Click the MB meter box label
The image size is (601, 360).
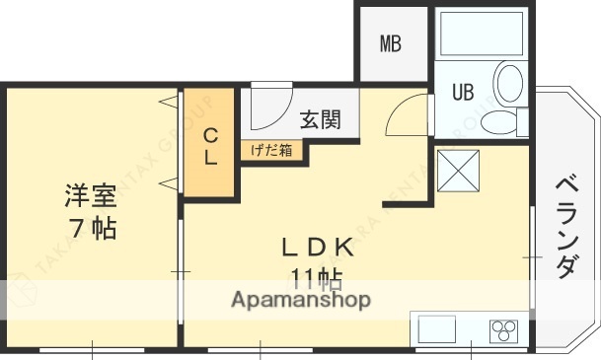pyautogui.click(x=391, y=44)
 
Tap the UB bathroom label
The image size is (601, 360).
pyautogui.click(x=462, y=92)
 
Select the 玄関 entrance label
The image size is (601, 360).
pyautogui.click(x=321, y=120)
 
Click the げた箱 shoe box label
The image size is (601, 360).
pyautogui.click(x=270, y=150)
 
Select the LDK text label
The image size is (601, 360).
pyautogui.click(x=315, y=248)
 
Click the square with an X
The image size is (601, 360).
pyautogui.click(x=457, y=170)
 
